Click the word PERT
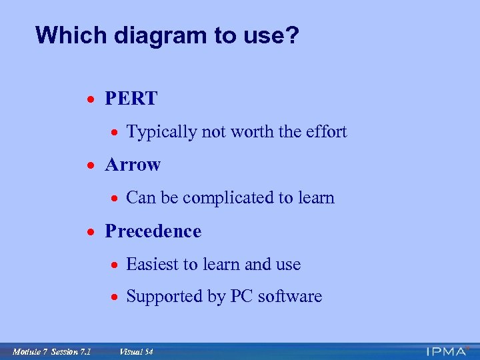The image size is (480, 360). click(131, 99)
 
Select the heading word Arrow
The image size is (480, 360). click(133, 165)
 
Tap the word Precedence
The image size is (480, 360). click(153, 231)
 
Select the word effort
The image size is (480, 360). click(327, 132)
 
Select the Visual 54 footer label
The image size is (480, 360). click(136, 351)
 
